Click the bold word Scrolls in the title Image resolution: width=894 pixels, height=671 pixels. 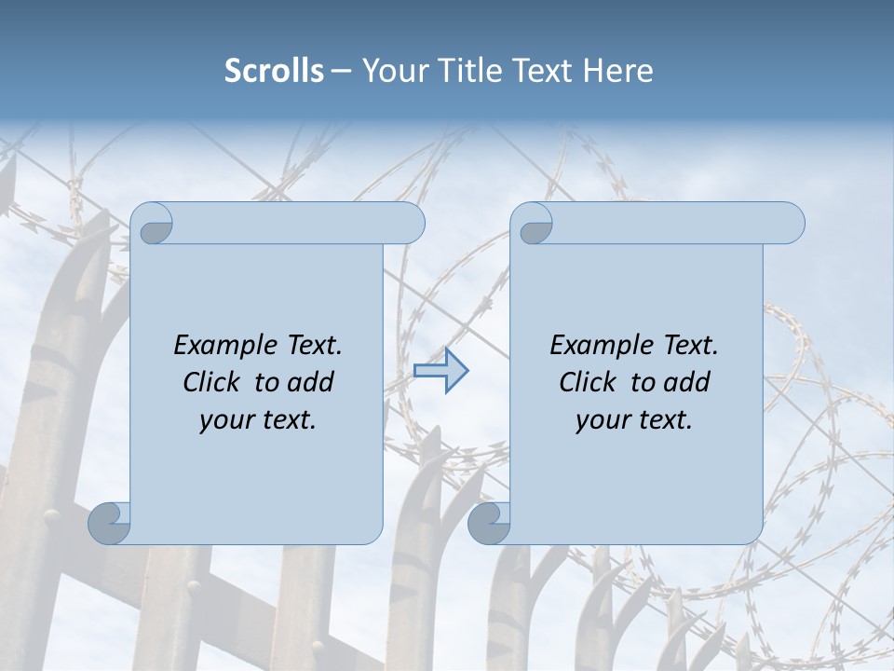click(x=275, y=71)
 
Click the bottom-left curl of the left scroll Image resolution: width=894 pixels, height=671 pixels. click(x=110, y=522)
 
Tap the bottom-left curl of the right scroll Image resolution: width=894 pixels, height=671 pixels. click(x=489, y=522)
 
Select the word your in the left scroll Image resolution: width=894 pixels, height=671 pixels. click(x=225, y=420)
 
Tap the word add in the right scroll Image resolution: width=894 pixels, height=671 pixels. click(x=686, y=383)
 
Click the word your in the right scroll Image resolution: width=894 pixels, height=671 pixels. click(x=602, y=420)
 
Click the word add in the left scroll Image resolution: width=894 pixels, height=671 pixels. click(x=310, y=383)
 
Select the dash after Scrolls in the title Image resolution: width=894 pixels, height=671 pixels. click(x=341, y=71)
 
